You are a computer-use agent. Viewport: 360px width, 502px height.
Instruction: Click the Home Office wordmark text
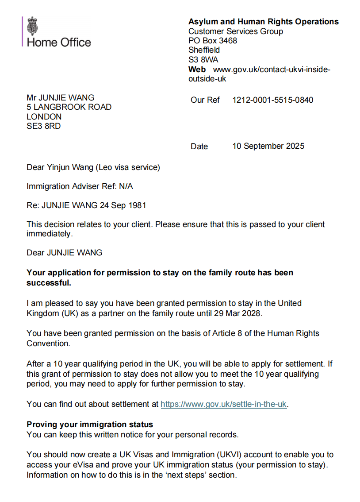tap(59, 43)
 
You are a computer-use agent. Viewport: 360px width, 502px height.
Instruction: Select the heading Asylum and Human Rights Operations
tap(263, 22)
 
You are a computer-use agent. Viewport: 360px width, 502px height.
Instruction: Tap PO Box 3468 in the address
tap(212, 41)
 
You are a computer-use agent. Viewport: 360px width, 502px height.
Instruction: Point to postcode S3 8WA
tap(203, 60)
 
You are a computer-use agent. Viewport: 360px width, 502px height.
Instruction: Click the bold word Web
tap(197, 70)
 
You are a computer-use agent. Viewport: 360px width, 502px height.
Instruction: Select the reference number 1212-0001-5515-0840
tap(272, 100)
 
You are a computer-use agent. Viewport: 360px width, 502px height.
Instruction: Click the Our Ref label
tap(205, 100)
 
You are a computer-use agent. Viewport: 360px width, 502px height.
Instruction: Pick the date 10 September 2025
tap(268, 146)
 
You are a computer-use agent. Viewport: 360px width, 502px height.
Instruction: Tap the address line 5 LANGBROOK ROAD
tap(69, 107)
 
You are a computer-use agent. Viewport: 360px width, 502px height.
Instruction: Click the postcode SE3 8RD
tap(43, 127)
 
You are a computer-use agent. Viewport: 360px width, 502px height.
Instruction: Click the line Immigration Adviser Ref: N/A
tap(80, 186)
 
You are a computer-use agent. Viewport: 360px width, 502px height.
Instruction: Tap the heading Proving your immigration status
tap(90, 425)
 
